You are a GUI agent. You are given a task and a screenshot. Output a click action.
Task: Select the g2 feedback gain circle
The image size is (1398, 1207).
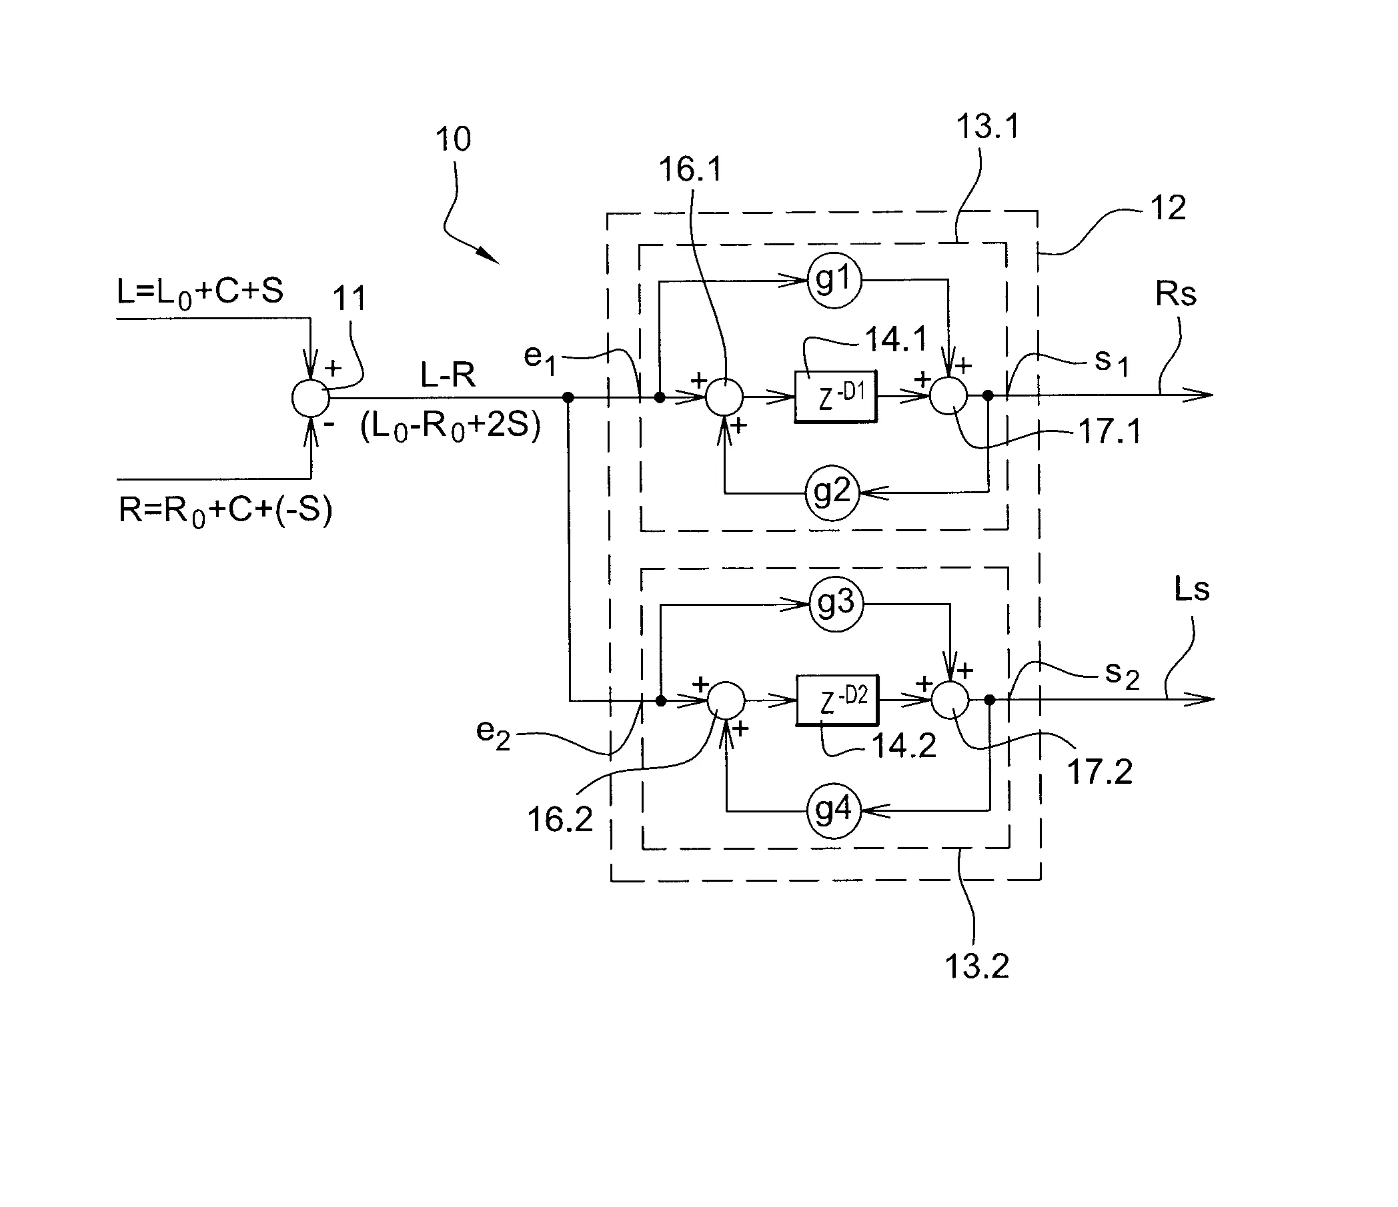click(x=832, y=494)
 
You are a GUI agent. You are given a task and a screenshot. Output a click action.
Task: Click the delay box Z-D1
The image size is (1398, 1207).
click(x=836, y=397)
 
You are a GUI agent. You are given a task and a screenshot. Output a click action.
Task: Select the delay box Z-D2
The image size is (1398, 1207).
click(x=837, y=700)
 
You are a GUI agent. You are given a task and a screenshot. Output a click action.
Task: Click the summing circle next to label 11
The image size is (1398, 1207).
click(x=310, y=398)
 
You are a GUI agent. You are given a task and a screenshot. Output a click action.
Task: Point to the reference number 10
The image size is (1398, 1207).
click(x=453, y=139)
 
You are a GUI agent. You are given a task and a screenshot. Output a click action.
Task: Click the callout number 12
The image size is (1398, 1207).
click(x=1168, y=208)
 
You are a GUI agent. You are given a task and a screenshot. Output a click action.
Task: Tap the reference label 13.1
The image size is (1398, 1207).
click(x=988, y=127)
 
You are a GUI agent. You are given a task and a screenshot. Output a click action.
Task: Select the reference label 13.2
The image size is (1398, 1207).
click(x=976, y=966)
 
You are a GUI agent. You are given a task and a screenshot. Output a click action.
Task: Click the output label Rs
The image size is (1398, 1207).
click(x=1175, y=294)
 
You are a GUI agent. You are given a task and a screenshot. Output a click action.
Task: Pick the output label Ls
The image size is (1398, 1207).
click(x=1191, y=590)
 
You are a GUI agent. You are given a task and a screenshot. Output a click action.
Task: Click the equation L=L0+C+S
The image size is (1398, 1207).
click(x=199, y=293)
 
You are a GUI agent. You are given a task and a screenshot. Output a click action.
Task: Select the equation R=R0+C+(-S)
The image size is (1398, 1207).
click(x=225, y=511)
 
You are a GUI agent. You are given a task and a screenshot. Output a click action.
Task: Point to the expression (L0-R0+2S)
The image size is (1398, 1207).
click(x=450, y=427)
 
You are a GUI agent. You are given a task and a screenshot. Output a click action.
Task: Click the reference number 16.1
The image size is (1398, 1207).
click(x=690, y=169)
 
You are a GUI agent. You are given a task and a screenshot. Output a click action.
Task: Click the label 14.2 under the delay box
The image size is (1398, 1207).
click(x=904, y=746)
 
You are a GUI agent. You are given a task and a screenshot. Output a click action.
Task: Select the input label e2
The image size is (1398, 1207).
click(x=493, y=733)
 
